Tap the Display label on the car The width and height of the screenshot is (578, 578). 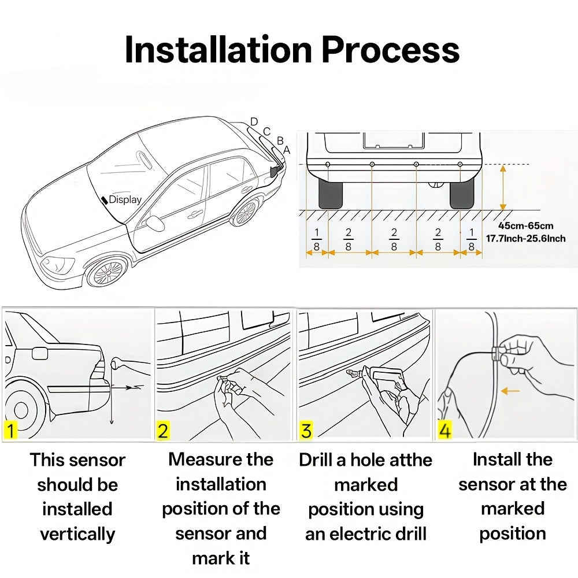click(x=125, y=199)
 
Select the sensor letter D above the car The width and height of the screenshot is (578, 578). click(x=254, y=122)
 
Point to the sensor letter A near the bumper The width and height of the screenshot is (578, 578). click(x=287, y=149)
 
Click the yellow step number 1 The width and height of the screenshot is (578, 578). click(x=10, y=431)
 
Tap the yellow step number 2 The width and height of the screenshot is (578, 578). click(x=163, y=431)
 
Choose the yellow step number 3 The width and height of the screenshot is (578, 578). click(x=306, y=431)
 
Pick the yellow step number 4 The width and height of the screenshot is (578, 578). click(x=444, y=431)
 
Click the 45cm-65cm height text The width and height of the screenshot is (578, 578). click(x=526, y=225)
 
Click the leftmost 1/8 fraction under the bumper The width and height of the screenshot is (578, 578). click(x=316, y=239)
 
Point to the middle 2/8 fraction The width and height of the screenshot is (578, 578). click(x=394, y=239)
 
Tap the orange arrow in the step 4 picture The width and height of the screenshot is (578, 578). click(x=510, y=391)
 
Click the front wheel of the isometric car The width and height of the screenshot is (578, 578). click(x=108, y=271)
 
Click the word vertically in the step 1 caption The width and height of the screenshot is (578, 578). click(x=77, y=534)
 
